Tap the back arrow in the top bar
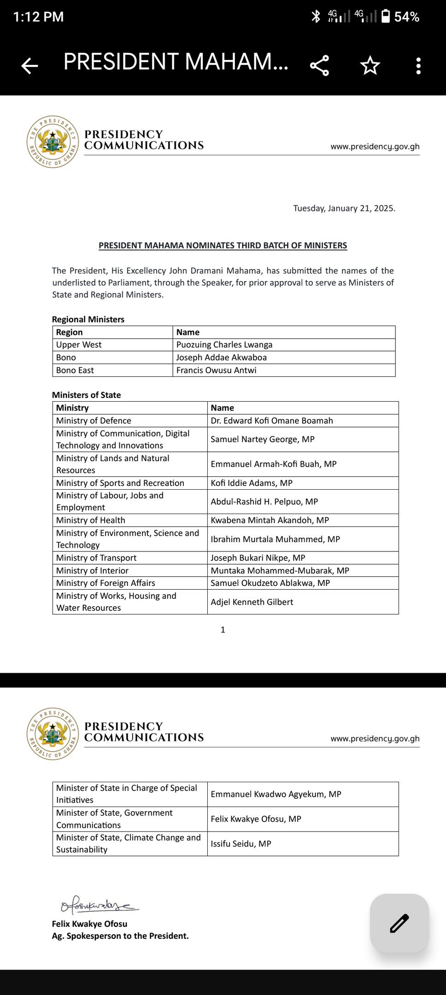29,66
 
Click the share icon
319,65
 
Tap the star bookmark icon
370,65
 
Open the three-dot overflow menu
418,66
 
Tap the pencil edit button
399,923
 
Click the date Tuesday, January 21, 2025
344,208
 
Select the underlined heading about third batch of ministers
223,246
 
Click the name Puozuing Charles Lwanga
224,345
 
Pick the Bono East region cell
75,370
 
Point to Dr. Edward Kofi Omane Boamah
272,421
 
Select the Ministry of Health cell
91,520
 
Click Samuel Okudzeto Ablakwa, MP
270,583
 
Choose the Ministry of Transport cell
96,558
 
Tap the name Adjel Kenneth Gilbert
252,602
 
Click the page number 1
223,630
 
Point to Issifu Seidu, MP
241,843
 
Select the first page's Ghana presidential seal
53,142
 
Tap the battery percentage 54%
406,17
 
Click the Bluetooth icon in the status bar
316,17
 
